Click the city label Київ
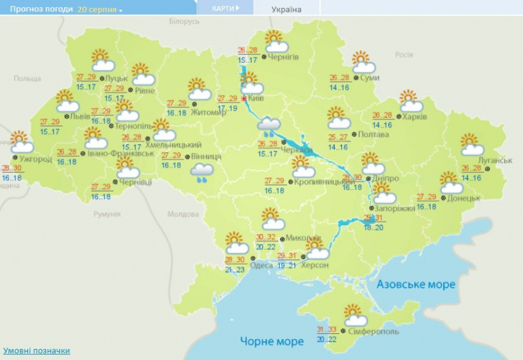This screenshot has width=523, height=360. (x=256, y=99)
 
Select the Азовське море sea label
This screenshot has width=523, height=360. (x=416, y=284)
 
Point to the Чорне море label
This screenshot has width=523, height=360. (x=272, y=341)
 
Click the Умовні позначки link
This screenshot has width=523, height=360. (x=36, y=351)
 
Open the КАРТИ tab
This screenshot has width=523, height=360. (x=226, y=8)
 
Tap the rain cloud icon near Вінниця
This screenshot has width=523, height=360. (x=202, y=172)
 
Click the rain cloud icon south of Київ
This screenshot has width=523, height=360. (x=269, y=126)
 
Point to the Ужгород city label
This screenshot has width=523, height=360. (x=35, y=159)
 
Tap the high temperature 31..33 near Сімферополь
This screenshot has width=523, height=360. (x=328, y=329)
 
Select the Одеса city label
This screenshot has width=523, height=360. (x=261, y=265)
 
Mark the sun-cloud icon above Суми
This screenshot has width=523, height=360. (x=363, y=62)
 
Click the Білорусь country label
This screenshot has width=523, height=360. (x=184, y=22)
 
